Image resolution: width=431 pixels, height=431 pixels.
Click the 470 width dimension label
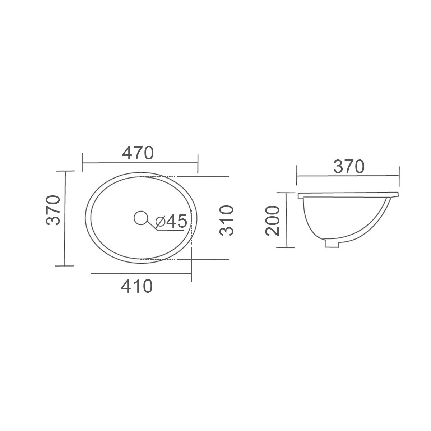click(x=138, y=153)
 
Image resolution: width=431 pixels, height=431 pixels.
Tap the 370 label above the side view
click(x=349, y=166)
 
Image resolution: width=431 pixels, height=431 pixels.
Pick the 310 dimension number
click(x=227, y=221)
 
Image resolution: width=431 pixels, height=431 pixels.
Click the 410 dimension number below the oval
click(x=137, y=286)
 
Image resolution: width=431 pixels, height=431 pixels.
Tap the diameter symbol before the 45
click(x=160, y=222)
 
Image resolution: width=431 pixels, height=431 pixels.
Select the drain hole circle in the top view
click(x=140, y=218)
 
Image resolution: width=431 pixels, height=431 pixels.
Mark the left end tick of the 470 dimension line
click(x=83, y=163)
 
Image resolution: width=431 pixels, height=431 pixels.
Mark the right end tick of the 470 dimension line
click(x=198, y=163)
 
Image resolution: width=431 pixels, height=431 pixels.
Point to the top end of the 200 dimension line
click(x=287, y=193)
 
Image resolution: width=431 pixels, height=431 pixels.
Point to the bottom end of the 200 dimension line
click(x=287, y=247)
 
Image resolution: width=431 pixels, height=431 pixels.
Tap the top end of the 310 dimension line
click(x=215, y=177)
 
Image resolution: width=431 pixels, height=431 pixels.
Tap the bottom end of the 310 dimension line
click(x=215, y=259)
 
